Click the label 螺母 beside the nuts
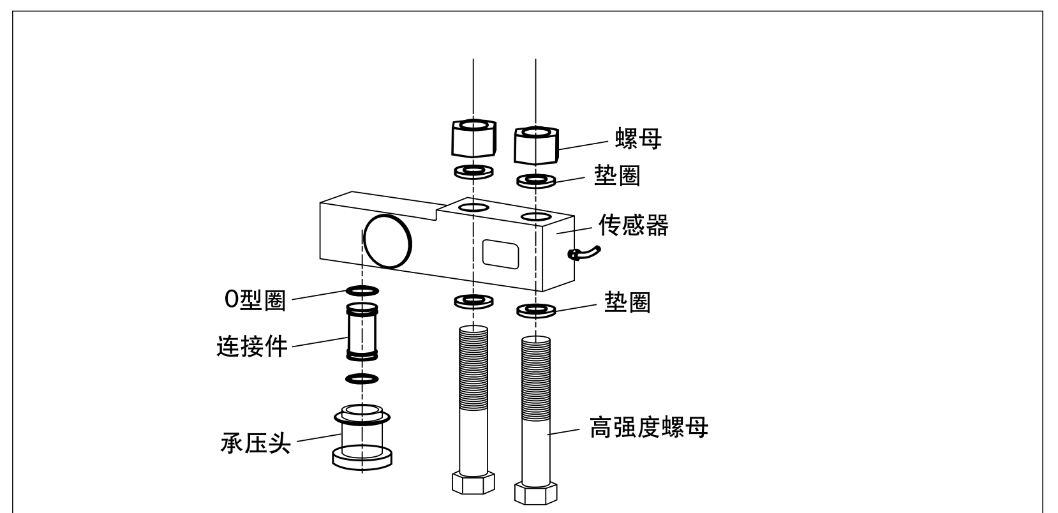638,138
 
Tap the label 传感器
633,225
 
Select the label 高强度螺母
648,428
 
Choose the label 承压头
255,442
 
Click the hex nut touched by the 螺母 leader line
536,145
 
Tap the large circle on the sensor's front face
387,241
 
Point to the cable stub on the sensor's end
583,253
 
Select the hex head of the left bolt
473,482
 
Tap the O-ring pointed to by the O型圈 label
362,291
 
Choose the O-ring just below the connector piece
362,379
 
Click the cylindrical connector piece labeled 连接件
362,331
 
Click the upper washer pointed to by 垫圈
536,181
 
